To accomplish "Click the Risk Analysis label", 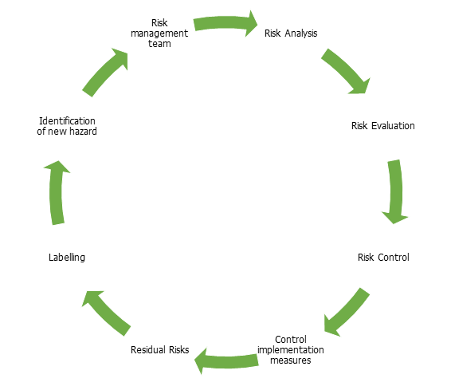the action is (x=291, y=33).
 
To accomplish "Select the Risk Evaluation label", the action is (x=382, y=126).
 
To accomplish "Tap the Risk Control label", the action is (x=383, y=258).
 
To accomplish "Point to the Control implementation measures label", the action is (x=291, y=349).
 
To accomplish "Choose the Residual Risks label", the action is (x=159, y=349).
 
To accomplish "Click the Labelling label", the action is (x=67, y=258).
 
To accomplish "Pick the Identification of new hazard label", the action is (x=67, y=126).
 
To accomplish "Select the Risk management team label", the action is (x=159, y=33).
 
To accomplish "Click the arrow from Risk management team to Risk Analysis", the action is (x=225, y=23).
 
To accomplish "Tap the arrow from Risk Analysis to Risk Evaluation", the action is (x=345, y=70).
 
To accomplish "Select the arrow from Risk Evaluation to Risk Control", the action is (x=396, y=191).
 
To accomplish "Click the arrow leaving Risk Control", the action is (x=347, y=313).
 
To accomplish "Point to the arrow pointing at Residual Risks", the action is (x=226, y=361).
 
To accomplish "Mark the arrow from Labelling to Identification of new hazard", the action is (x=57, y=192).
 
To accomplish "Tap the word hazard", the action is (x=83, y=132).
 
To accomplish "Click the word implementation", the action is (x=291, y=350).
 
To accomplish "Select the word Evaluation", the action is (x=393, y=126).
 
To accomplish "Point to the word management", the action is (x=159, y=34).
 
